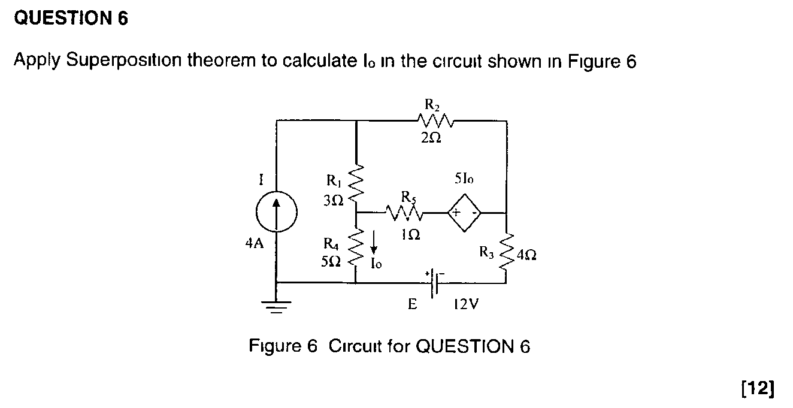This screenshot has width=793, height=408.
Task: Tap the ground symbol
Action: [276, 307]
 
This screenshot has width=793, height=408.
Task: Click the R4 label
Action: [331, 243]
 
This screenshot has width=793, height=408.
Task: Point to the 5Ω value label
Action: [331, 261]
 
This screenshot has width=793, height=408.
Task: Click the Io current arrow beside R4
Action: [374, 245]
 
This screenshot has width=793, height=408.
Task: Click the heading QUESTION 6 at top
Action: [71, 19]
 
